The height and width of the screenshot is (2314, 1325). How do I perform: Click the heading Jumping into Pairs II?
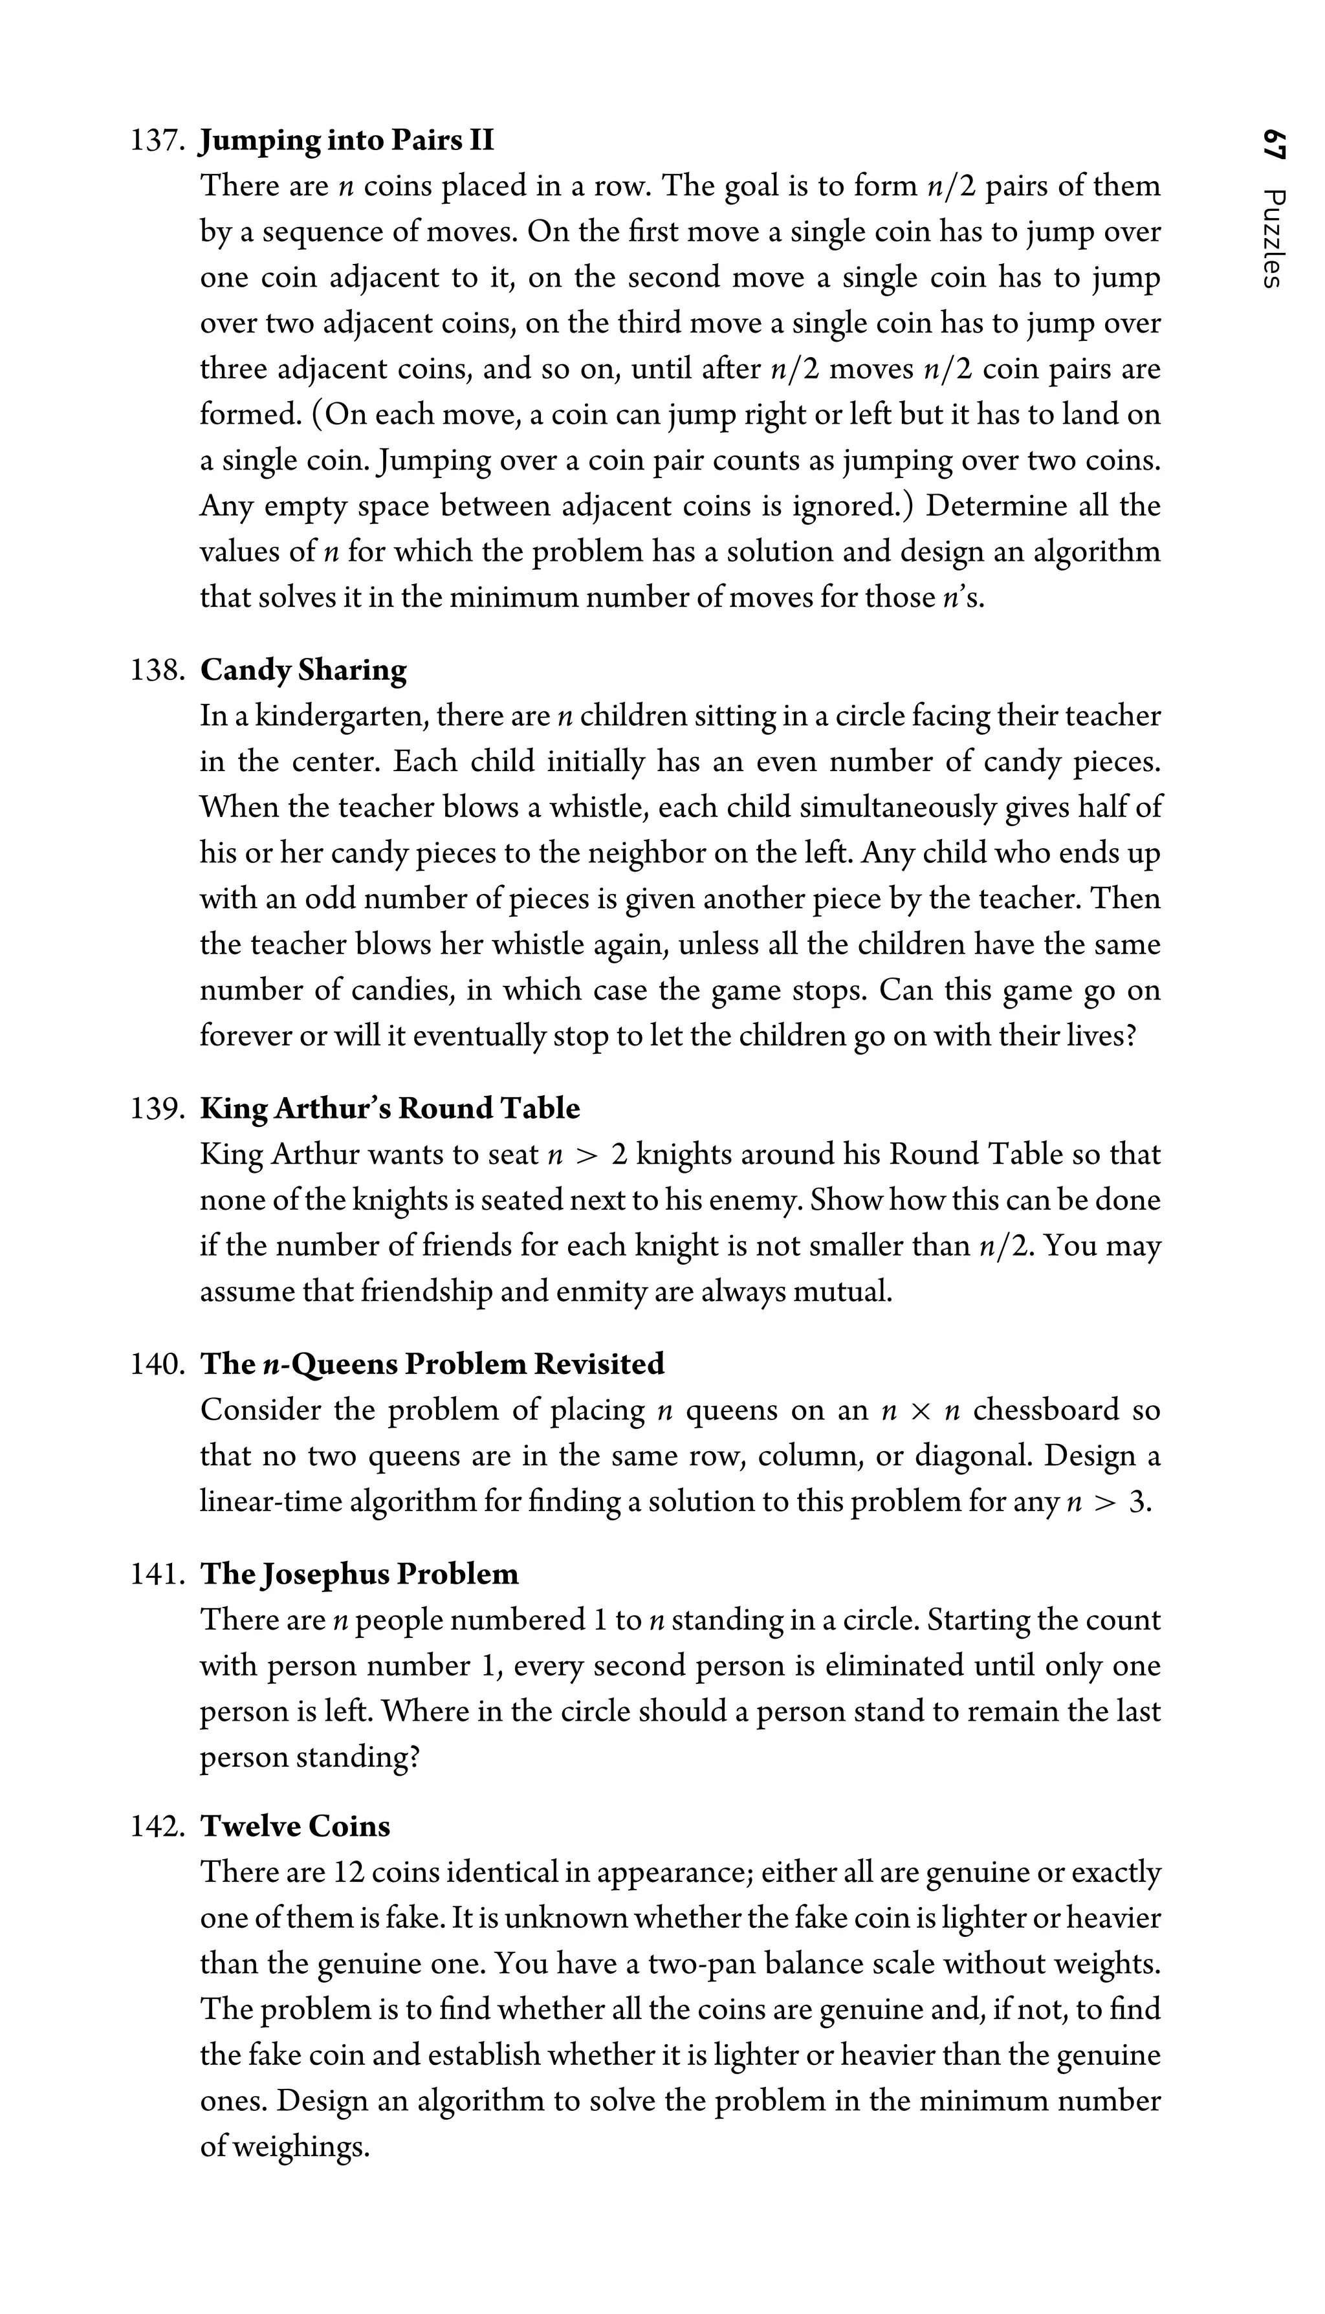(347, 141)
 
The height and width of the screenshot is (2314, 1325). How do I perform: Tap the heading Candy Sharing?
(303, 671)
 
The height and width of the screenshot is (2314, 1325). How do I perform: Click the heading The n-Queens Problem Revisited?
(432, 1364)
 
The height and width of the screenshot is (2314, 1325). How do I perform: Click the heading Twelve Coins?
(295, 1826)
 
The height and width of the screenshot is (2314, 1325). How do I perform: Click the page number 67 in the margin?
(1274, 146)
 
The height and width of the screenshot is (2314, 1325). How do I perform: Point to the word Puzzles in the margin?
(1274, 239)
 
